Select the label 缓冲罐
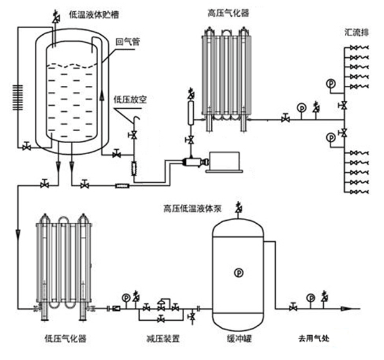coord(239,339)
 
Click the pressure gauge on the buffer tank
coord(239,272)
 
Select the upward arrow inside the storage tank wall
coord(103,96)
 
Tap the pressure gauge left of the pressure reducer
coord(126,298)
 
